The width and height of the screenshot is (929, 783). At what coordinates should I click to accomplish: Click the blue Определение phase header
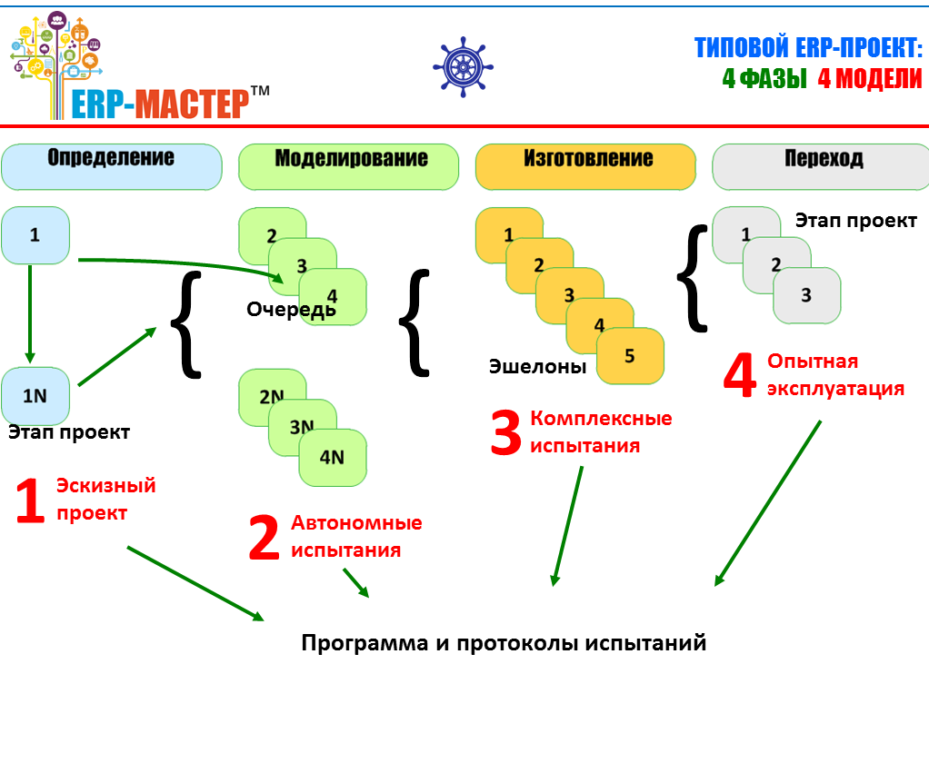pos(112,166)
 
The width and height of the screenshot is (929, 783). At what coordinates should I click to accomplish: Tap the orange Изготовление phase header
pos(585,166)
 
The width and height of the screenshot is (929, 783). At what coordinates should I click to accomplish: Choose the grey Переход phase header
pos(821,166)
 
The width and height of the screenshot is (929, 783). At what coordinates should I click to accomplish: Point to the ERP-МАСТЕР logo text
pos(160,102)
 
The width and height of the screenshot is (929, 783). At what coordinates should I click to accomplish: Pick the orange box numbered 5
pos(631,355)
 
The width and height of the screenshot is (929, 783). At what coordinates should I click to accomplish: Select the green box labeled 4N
pos(333,457)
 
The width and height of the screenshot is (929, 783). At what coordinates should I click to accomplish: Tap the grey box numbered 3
pos(807,295)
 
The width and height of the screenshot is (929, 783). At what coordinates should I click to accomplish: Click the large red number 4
pos(739,376)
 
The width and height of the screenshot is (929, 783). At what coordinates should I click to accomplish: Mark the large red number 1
pos(29,502)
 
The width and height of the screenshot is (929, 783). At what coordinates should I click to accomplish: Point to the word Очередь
pos(291,310)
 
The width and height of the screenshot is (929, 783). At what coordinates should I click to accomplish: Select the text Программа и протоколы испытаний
pos(504,643)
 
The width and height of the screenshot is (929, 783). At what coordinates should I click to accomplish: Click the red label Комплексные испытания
pos(600,432)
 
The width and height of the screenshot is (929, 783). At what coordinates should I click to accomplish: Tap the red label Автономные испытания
pos(356,536)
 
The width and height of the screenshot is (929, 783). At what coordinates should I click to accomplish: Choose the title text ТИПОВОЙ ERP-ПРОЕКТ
pos(808,47)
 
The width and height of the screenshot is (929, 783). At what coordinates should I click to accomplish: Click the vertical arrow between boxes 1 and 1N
pos(29,313)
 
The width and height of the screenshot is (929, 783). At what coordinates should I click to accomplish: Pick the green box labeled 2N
pos(270,397)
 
